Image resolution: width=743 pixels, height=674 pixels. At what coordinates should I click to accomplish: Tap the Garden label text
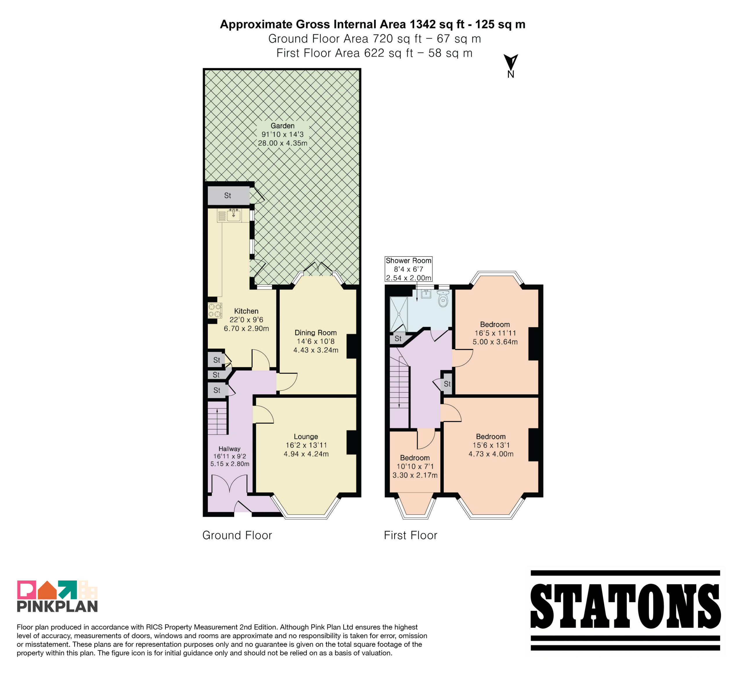coord(282,126)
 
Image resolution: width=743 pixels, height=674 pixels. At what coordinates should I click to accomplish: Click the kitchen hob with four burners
coord(215,310)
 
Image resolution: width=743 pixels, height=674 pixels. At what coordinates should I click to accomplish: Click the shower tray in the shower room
coord(399,314)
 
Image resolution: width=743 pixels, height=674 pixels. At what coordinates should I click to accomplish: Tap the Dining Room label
coord(315,332)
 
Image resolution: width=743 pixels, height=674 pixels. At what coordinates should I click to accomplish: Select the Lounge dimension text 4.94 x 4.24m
coord(306,454)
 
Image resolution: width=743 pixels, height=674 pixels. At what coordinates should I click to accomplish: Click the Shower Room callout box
coord(408,269)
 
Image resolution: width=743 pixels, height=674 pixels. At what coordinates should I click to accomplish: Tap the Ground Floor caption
coord(237,535)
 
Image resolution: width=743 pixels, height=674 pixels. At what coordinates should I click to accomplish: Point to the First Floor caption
coord(411,535)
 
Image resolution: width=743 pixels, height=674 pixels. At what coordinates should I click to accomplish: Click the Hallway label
coord(229,449)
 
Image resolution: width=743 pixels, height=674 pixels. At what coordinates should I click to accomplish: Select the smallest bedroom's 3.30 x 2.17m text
coord(415,475)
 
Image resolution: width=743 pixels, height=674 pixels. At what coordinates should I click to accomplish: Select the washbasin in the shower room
coord(426,294)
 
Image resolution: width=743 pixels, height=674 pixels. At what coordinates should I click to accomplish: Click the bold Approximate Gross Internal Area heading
coord(373,24)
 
